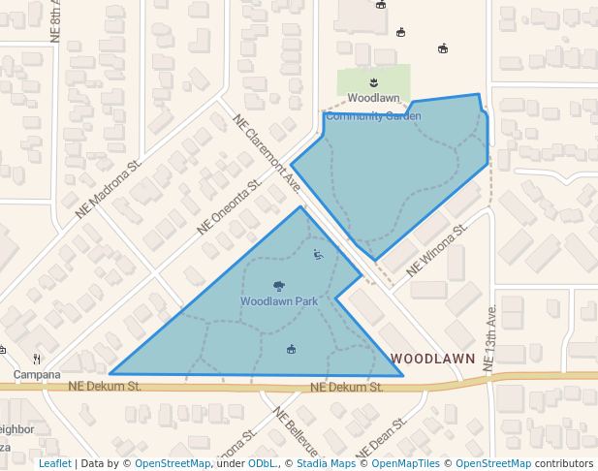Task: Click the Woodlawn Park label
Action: pos(279,301)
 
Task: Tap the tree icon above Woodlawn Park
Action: pos(279,286)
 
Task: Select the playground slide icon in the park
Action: pos(319,256)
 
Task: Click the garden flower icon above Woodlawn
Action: pos(374,82)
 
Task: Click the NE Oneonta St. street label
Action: pos(230,205)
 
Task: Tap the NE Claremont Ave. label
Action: pos(268,151)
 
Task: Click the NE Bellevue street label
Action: pos(296,430)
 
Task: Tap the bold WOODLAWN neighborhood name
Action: pos(433,359)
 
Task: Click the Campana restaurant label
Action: pos(37,374)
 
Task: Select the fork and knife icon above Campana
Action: pos(37,359)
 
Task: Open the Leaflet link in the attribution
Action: pos(55,463)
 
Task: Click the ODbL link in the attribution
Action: pos(261,463)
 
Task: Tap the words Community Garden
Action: pos(374,116)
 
